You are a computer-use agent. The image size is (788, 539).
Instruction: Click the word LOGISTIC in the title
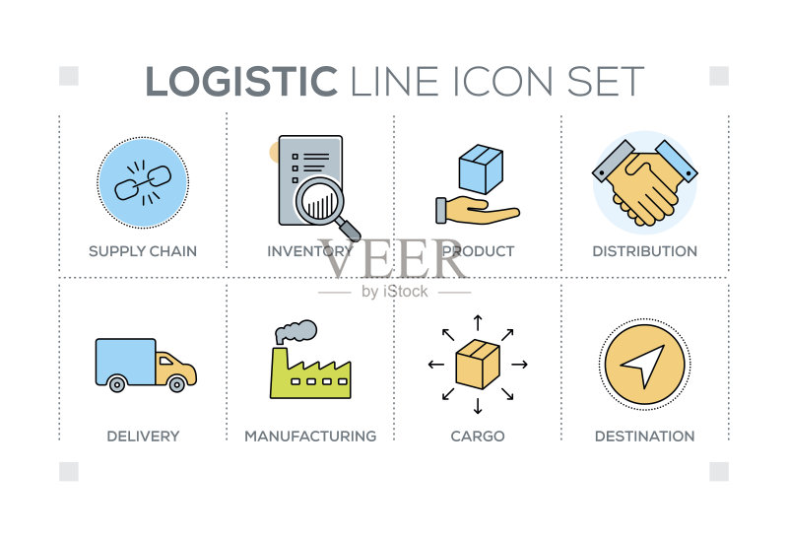coord(241,81)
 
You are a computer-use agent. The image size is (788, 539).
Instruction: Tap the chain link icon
coord(143,182)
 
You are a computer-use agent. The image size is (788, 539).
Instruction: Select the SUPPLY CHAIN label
coord(143,251)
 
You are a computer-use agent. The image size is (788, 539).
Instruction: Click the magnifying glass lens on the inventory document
coord(319,202)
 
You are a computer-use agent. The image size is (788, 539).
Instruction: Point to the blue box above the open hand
coord(481,168)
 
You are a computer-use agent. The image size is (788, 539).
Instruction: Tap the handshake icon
coord(645,182)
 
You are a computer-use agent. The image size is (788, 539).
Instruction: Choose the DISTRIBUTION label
coord(645,251)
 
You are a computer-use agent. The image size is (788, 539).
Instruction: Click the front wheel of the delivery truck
coord(177,384)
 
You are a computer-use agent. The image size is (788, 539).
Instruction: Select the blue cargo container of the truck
coord(126,362)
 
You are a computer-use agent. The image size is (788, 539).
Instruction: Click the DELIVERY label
coord(143,436)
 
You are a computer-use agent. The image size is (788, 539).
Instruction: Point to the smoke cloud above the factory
coord(296,331)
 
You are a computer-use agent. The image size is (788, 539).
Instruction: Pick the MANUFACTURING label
coord(310,436)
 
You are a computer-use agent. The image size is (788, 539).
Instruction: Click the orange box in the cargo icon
coord(478,364)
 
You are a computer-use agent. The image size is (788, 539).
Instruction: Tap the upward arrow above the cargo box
coord(478,323)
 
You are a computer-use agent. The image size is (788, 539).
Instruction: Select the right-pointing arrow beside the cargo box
coord(520,364)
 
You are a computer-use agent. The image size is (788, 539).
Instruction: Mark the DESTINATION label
coord(645,436)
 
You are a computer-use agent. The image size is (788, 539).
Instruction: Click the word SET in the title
coord(606,81)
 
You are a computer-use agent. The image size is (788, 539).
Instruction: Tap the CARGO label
coord(478,436)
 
